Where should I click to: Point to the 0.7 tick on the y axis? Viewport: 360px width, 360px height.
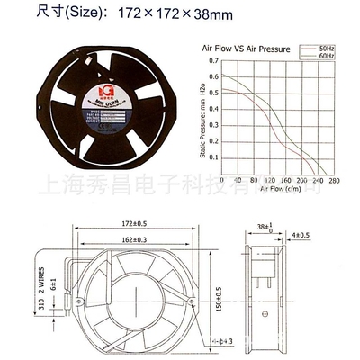[212, 61]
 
